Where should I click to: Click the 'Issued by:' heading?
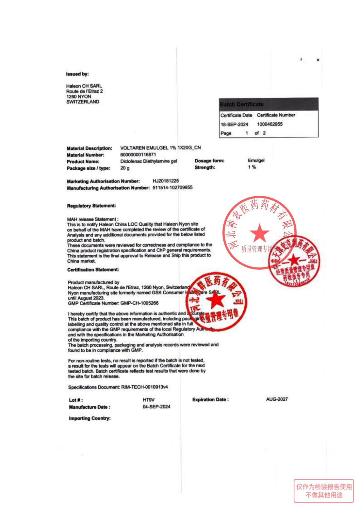click(x=77, y=74)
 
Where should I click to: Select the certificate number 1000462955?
click(x=270, y=124)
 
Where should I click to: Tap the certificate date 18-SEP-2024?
click(x=234, y=124)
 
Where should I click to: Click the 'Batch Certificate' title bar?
click(x=269, y=104)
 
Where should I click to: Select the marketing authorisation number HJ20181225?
click(x=166, y=181)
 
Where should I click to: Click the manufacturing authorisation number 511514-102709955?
click(x=172, y=188)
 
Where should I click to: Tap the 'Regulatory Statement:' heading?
click(x=91, y=206)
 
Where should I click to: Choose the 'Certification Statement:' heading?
click(x=93, y=270)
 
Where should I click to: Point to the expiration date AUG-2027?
click(x=277, y=399)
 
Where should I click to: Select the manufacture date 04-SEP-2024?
click(x=156, y=407)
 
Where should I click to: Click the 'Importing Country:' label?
click(x=90, y=419)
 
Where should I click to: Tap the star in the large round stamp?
click(x=260, y=233)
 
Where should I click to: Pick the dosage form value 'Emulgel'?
click(x=256, y=160)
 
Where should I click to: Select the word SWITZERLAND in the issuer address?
click(x=83, y=102)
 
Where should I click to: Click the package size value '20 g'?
click(x=125, y=168)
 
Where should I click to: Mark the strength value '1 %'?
click(x=252, y=167)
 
